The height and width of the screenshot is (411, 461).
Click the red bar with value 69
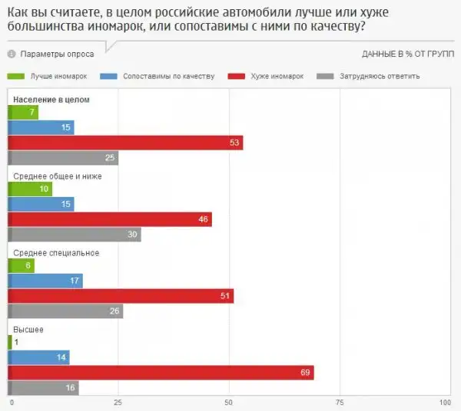tap(161, 373)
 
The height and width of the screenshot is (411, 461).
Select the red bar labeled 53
tap(125, 143)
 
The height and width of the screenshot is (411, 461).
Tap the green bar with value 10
tap(30, 189)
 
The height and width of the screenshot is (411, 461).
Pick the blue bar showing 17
tap(45, 281)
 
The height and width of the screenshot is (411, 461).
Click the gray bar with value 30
tap(75, 235)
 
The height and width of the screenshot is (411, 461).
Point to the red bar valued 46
tap(110, 219)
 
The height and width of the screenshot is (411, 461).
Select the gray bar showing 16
tap(43, 388)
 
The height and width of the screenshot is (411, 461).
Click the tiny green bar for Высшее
tap(9, 342)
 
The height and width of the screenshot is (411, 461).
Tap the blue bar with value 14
tap(38, 357)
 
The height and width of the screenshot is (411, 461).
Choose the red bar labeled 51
tap(121, 296)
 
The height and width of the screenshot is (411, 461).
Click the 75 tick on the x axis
tap(337, 403)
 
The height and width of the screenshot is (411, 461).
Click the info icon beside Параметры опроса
tap(12, 54)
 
